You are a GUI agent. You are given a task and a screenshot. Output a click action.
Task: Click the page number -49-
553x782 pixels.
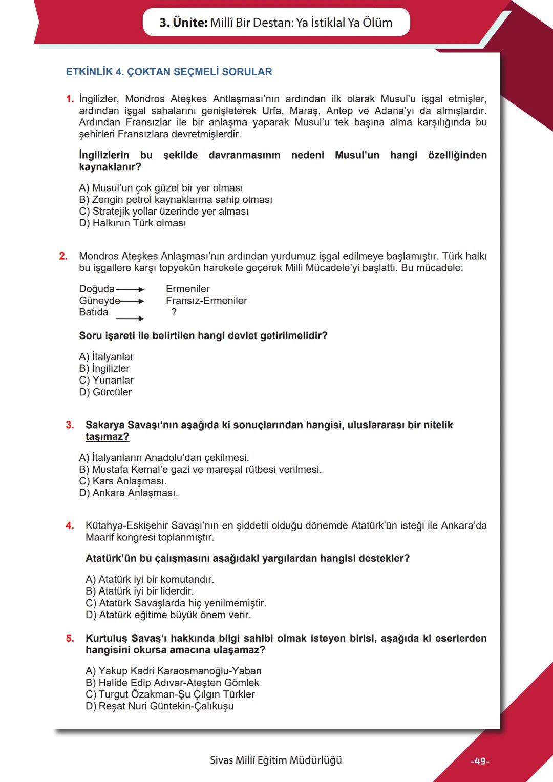[x=480, y=762]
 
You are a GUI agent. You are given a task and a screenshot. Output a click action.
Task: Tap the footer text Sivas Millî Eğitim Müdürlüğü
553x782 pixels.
[x=275, y=760]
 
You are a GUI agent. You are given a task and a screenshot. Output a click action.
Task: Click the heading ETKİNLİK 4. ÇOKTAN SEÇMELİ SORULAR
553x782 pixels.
[x=169, y=72]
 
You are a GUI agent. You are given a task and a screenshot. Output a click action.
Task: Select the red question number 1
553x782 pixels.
[x=70, y=99]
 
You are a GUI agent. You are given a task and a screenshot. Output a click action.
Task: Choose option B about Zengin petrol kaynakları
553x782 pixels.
[x=176, y=200]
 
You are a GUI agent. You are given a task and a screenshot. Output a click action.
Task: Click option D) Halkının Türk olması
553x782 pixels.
[x=133, y=223]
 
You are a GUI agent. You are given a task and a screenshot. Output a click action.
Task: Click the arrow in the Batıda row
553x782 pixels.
[x=130, y=319]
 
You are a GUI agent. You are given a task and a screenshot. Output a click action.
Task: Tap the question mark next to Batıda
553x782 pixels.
[x=174, y=312]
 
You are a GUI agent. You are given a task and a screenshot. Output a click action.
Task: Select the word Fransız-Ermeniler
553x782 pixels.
[x=206, y=301]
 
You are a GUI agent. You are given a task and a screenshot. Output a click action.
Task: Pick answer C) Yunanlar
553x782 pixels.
[x=106, y=381]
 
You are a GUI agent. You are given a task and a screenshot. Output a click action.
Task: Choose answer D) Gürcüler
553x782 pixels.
[x=105, y=392]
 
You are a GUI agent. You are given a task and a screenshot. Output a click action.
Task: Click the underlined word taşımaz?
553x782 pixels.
[x=107, y=437]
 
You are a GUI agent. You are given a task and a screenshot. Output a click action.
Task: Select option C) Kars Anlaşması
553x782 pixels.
[x=123, y=481]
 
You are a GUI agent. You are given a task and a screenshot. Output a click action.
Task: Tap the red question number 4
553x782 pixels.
[x=70, y=525]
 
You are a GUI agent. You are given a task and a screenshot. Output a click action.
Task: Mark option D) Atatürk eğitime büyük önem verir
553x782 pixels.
[x=168, y=615]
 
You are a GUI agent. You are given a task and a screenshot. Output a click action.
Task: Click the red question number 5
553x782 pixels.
[x=70, y=638]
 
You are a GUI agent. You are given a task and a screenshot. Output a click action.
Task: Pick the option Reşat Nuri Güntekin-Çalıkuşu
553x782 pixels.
[x=160, y=706]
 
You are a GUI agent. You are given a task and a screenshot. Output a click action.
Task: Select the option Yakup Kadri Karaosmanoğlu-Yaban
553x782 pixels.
[x=174, y=671]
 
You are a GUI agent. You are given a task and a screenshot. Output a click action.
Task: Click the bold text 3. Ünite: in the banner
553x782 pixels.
[x=183, y=23]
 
